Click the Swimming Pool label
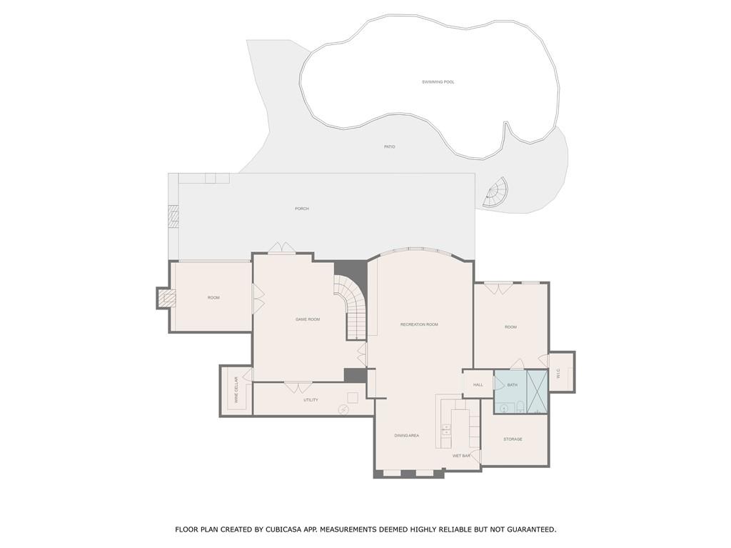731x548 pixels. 438,82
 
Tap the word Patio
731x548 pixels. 389,147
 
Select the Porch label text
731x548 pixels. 302,209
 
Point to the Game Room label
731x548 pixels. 308,319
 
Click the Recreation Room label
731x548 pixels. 419,324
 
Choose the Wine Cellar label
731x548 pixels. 236,390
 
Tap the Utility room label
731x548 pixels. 311,400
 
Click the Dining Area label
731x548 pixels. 406,435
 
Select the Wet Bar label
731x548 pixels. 461,455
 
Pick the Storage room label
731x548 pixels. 513,439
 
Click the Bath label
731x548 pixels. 513,385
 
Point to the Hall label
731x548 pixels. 478,385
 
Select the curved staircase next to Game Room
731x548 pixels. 351,304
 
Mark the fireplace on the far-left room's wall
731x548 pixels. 167,298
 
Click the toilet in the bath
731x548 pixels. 521,407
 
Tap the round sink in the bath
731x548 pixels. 505,409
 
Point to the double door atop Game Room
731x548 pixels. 282,247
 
